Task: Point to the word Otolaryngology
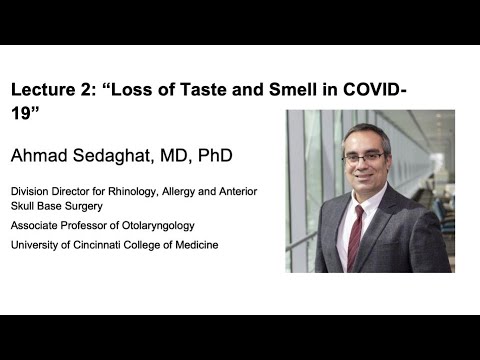pos(159,226)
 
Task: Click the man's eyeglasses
pos(366,158)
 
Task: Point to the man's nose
pos(367,166)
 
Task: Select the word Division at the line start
pos(30,191)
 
